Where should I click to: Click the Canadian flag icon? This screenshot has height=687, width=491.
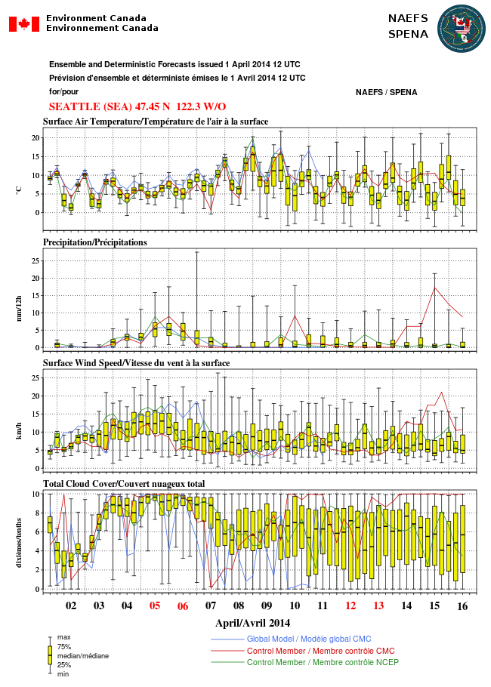tap(23, 23)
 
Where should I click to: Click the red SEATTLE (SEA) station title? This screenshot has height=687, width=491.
tap(137, 106)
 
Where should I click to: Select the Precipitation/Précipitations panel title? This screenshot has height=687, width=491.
tap(94, 242)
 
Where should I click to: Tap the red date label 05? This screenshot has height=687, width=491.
tap(155, 605)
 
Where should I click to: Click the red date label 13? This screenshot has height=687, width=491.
tap(378, 605)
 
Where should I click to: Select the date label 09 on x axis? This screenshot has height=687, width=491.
tap(267, 605)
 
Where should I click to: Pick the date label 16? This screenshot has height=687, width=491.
tap(462, 605)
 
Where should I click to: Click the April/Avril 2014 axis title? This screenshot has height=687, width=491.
tap(252, 623)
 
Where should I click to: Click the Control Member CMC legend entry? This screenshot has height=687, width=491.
tap(320, 651)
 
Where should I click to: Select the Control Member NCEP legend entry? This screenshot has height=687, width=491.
tap(323, 662)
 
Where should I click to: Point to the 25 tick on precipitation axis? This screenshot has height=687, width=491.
tap(34, 260)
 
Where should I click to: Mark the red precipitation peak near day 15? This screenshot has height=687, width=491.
tap(434, 287)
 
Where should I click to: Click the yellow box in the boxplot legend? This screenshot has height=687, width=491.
tap(50, 655)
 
